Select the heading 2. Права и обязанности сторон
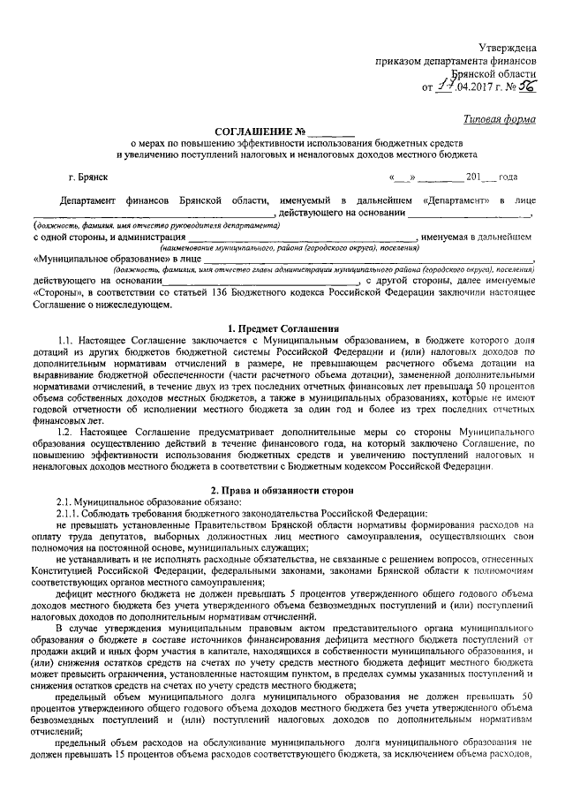[x=282, y=487]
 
